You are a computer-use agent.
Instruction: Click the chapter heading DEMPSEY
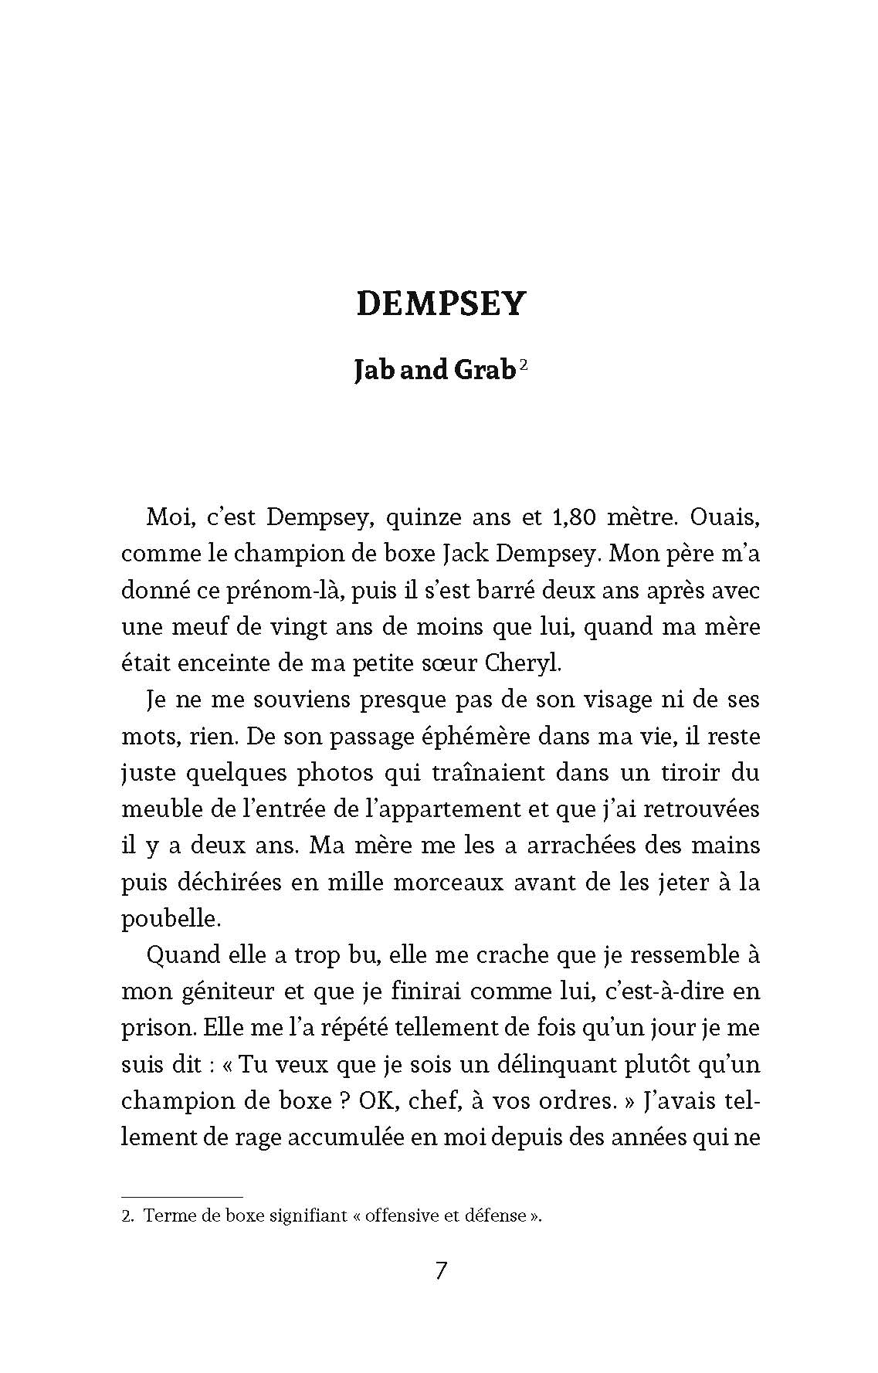click(x=440, y=304)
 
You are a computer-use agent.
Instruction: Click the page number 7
click(x=440, y=1270)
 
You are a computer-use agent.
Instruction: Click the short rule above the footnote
click(x=182, y=1196)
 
